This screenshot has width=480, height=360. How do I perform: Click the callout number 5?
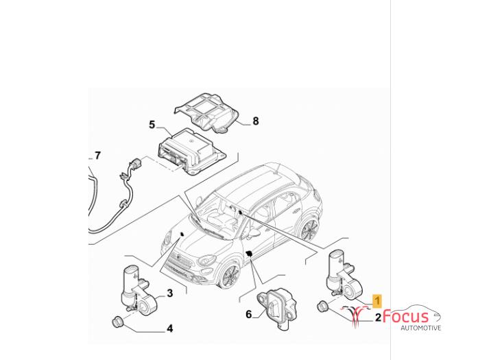click(152, 125)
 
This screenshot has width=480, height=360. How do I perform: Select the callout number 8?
click(256, 121)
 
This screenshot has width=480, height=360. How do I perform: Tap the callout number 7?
click(97, 156)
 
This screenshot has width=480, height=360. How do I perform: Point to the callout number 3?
click(170, 293)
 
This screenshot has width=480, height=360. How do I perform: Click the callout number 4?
click(169, 328)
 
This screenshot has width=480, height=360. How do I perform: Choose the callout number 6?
click(248, 314)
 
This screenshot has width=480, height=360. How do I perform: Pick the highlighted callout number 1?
click(377, 300)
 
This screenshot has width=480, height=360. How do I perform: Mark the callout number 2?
click(379, 317)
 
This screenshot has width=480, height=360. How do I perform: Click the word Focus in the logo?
click(406, 316)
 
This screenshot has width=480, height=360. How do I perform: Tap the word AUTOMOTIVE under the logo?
click(421, 328)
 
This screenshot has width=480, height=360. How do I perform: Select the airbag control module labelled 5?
click(191, 152)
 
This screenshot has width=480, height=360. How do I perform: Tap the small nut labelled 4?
click(117, 322)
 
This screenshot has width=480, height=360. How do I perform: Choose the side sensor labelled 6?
click(277, 309)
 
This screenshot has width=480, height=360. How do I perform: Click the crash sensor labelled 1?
click(344, 274)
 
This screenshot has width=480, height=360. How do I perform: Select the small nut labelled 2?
click(322, 307)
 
